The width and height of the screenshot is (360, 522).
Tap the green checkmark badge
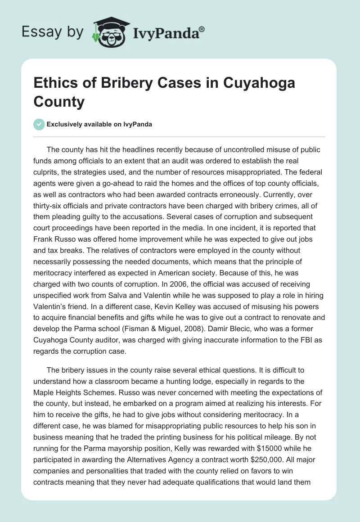click(40, 124)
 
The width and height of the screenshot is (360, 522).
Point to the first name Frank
click(45, 240)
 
